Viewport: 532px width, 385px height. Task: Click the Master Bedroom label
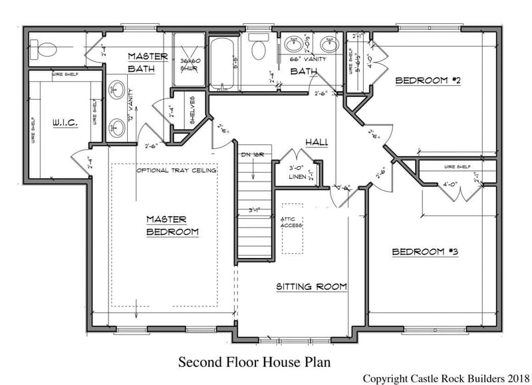(x=172, y=225)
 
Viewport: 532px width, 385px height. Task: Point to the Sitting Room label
(x=312, y=287)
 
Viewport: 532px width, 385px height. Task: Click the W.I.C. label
(x=65, y=123)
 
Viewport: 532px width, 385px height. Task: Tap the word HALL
(x=315, y=142)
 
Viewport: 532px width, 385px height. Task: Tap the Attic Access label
(x=291, y=223)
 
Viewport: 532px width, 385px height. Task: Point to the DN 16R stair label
(x=253, y=155)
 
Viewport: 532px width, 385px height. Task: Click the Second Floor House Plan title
(x=254, y=362)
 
